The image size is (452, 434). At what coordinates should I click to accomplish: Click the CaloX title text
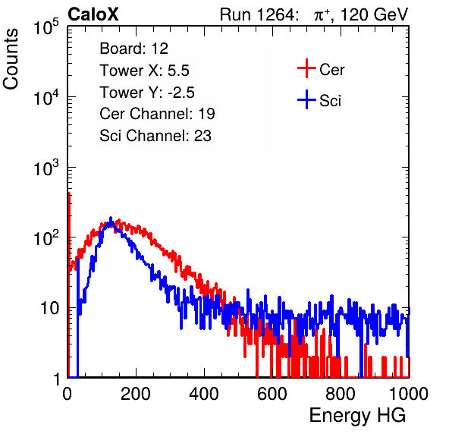[93, 14]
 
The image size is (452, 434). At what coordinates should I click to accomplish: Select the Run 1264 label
[257, 14]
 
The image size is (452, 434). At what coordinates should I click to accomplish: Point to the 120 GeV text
[375, 14]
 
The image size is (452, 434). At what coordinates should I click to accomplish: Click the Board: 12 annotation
[133, 49]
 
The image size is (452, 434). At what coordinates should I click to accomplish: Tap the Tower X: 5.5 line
[144, 71]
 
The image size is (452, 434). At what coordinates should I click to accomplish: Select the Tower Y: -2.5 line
[147, 93]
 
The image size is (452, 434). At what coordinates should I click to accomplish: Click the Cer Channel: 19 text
[157, 114]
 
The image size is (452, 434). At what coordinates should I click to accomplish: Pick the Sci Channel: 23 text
[155, 136]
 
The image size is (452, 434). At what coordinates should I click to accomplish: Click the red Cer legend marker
[306, 68]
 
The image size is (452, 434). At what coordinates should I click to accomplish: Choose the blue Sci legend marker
[306, 100]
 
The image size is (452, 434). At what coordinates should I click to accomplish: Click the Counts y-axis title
[11, 59]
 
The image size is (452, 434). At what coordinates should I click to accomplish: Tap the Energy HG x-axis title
[357, 416]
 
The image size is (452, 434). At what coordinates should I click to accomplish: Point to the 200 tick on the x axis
[136, 394]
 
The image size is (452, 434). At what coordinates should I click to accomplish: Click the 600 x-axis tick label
[272, 394]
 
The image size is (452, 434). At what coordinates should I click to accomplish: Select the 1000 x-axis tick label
[409, 394]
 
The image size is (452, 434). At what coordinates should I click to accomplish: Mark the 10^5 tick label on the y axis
[46, 27]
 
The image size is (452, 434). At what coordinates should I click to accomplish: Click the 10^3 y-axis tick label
[46, 168]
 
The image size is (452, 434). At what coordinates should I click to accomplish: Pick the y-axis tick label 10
[50, 308]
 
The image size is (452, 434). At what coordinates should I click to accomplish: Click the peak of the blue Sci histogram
[111, 218]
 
